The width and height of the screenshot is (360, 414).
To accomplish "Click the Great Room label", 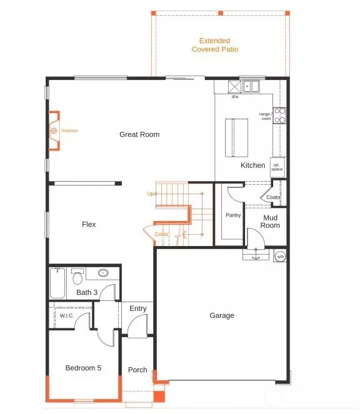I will click(x=139, y=134).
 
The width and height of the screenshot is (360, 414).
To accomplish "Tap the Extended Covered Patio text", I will click(x=214, y=45).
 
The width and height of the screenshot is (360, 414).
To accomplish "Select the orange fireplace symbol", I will click(x=54, y=131).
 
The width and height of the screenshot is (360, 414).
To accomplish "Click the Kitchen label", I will click(x=253, y=165).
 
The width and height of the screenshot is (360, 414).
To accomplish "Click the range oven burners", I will click(x=281, y=115).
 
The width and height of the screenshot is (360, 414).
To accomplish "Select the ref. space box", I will click(x=277, y=166).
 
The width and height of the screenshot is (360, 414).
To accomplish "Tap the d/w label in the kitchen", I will click(x=235, y=97).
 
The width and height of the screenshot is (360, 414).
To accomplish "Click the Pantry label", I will click(x=233, y=215).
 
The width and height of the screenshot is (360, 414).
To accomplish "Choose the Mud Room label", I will click(x=271, y=222).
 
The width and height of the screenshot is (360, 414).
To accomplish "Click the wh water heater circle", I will click(x=281, y=256).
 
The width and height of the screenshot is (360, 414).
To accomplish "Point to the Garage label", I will click(x=222, y=315).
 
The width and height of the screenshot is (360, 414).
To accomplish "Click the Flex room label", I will click(x=89, y=224).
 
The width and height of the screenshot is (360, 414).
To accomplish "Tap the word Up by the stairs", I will click(x=151, y=194).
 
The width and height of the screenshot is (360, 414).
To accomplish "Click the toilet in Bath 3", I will click(x=77, y=277).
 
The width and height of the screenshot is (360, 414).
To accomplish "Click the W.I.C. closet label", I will click(x=67, y=315).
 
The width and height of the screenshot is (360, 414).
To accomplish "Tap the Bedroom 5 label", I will click(x=83, y=368).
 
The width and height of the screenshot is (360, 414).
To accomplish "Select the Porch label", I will click(x=137, y=370).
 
